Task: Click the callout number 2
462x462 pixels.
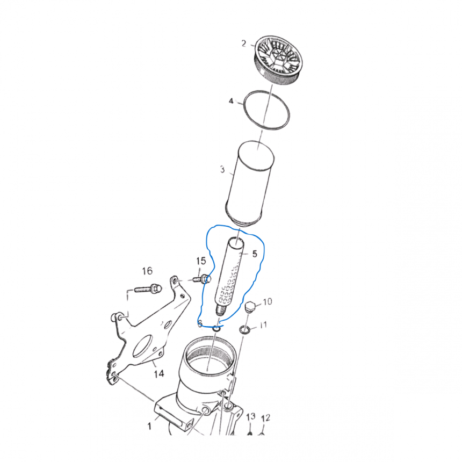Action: coord(244,44)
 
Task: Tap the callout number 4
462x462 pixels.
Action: coord(232,101)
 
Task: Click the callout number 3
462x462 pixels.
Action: coord(222,169)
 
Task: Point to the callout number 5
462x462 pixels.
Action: coord(255,254)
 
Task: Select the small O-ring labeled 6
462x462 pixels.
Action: coord(216,328)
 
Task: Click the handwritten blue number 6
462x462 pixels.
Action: coord(200,323)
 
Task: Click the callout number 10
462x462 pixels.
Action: coord(267,302)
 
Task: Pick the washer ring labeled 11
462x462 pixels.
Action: coord(244,329)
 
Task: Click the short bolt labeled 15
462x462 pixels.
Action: coord(202,278)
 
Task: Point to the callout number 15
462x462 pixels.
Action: coord(201,261)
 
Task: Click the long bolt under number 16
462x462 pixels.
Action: coord(148,287)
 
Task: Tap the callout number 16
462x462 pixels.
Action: coord(147,271)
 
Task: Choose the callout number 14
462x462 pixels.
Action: coord(158,374)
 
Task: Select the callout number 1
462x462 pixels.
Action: coord(149,426)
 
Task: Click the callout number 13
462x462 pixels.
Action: coord(251,417)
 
